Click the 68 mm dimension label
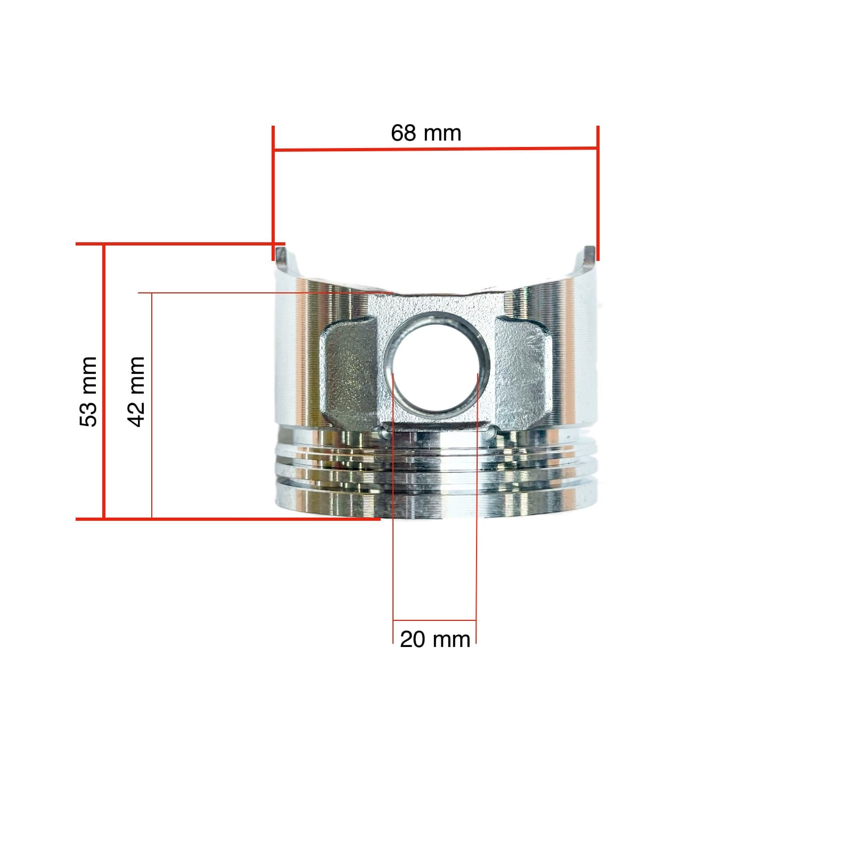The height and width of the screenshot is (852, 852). coord(426,133)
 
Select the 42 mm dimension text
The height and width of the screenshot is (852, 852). coord(136,391)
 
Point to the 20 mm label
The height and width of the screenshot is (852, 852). coord(435,639)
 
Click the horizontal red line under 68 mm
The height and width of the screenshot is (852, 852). coord(435,149)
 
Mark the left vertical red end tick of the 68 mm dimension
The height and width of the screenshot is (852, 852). coord(273,192)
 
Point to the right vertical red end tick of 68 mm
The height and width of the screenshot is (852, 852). coord(598,192)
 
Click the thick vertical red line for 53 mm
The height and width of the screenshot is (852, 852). coord(104,381)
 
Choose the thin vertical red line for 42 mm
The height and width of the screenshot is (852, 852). coord(152,405)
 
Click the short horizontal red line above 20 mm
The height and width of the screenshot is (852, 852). coord(435,620)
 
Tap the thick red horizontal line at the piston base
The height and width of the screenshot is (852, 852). coord(229,518)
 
